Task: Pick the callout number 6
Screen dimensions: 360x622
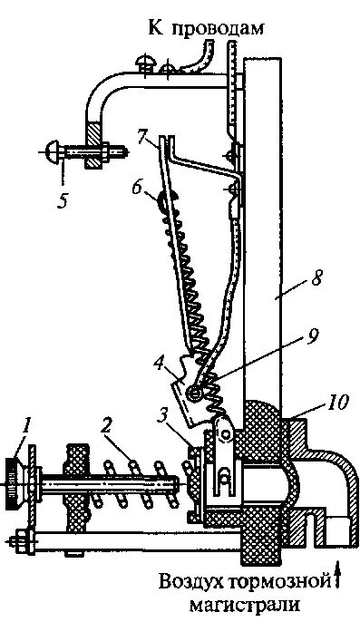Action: pyautogui.click(x=138, y=187)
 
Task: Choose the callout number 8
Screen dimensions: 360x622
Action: pyautogui.click(x=316, y=279)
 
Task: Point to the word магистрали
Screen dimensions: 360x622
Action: pyautogui.click(x=245, y=606)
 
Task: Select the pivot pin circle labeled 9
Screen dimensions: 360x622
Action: pyautogui.click(x=196, y=394)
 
